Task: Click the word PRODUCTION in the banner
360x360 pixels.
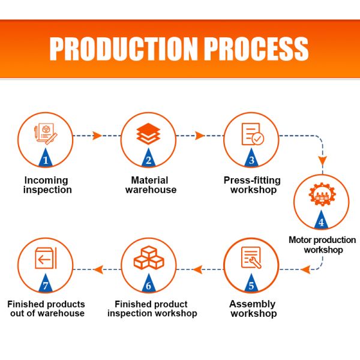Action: (123, 49)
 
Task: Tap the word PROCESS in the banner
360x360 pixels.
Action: (256, 49)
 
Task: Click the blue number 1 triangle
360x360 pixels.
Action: (46, 158)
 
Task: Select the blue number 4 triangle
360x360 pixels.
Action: (321, 220)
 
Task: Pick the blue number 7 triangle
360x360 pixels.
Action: (46, 283)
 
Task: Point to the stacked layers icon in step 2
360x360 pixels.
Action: (148, 134)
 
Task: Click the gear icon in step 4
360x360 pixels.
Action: (322, 194)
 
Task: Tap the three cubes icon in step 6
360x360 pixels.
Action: (149, 257)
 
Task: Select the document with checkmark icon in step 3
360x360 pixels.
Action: (253, 134)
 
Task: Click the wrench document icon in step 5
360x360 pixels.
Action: (251, 257)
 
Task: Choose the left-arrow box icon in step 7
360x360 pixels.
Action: (46, 258)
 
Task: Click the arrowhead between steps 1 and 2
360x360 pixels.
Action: (97, 136)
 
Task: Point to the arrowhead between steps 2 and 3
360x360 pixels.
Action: (199, 136)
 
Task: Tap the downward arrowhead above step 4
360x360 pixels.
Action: (323, 160)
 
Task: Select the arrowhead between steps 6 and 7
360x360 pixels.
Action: (98, 269)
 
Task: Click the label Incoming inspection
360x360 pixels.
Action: (47, 185)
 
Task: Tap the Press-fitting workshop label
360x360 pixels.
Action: (252, 185)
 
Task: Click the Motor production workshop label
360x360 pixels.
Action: (322, 245)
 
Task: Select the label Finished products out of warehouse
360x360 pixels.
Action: (46, 309)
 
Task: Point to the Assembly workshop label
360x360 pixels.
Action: (253, 309)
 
